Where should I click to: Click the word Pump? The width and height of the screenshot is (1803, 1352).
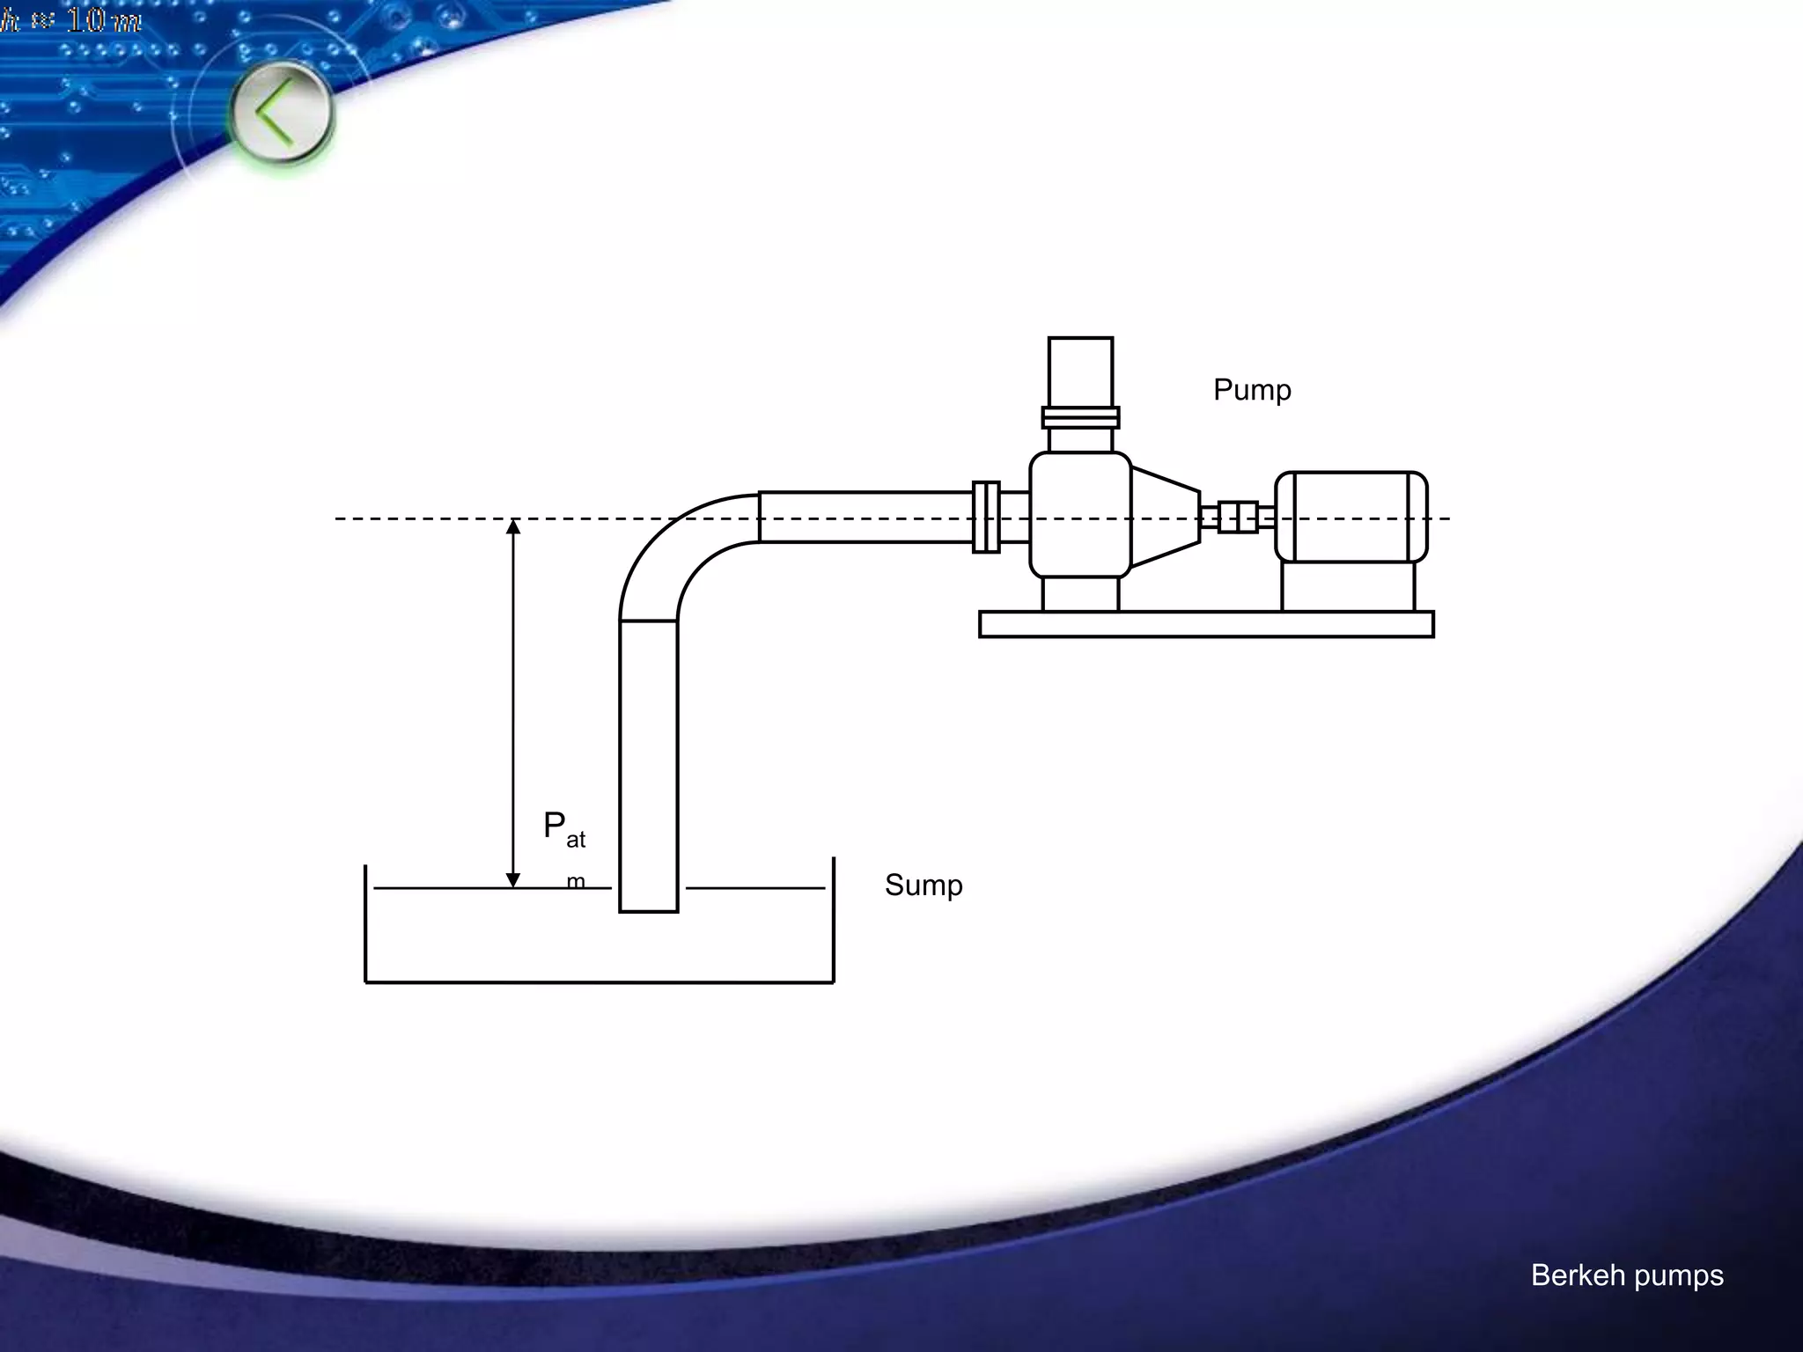[x=1252, y=390]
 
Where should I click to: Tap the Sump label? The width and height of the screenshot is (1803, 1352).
[x=924, y=885]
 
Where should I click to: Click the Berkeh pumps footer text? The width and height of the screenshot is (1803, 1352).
[x=1627, y=1275]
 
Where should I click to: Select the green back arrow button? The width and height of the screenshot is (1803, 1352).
[x=282, y=113]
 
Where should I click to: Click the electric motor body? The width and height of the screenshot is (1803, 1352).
[x=1351, y=517]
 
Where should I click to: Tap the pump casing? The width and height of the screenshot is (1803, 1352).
[x=1080, y=515]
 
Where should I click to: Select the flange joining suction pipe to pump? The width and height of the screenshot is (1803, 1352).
[x=986, y=517]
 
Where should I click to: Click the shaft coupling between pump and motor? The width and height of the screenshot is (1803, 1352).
[x=1238, y=517]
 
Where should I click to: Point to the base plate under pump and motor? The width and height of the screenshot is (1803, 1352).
[x=1206, y=624]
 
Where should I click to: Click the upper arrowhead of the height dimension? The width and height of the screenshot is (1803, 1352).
[x=513, y=526]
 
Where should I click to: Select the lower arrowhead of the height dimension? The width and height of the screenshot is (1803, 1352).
[x=513, y=880]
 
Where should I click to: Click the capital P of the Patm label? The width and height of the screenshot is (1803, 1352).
[x=554, y=826]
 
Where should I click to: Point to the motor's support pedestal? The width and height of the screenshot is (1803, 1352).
[x=1348, y=586]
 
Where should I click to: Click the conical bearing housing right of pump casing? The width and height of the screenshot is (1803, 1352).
[x=1165, y=517]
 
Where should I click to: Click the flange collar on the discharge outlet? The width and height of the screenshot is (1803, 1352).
[x=1080, y=417]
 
